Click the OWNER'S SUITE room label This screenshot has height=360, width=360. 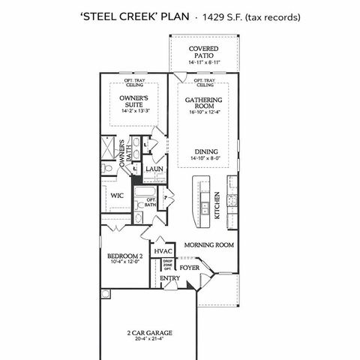tap(134, 102)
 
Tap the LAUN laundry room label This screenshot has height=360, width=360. tap(154, 169)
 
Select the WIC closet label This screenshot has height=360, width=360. tap(116, 196)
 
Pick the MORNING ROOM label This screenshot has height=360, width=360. tap(209, 244)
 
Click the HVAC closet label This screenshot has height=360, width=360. tap(163, 250)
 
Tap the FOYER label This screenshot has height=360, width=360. tap(189, 266)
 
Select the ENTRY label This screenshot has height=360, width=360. tap(170, 279)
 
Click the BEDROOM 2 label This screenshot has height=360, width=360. tap(124, 256)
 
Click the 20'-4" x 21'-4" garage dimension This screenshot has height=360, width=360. tap(151, 338)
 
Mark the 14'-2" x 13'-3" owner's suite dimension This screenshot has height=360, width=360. tap(134, 110)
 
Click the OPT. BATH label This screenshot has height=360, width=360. tap(151, 202)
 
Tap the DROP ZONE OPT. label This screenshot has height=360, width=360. tap(168, 265)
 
